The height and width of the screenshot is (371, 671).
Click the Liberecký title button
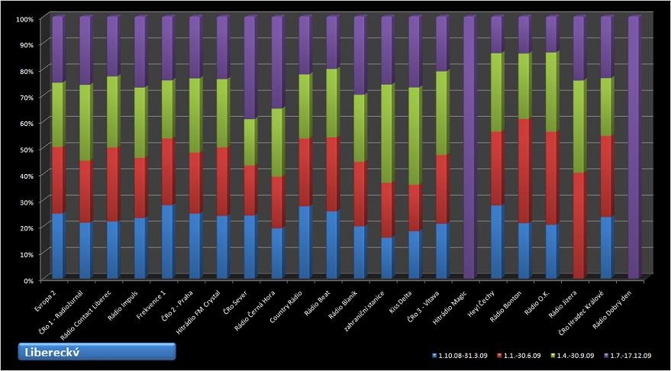(98, 351)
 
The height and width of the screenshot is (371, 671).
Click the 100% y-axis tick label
(24, 18)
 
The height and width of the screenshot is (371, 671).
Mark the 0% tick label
(28, 280)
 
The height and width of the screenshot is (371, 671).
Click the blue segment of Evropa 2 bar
(57, 246)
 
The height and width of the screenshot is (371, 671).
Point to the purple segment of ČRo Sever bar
(249, 69)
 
